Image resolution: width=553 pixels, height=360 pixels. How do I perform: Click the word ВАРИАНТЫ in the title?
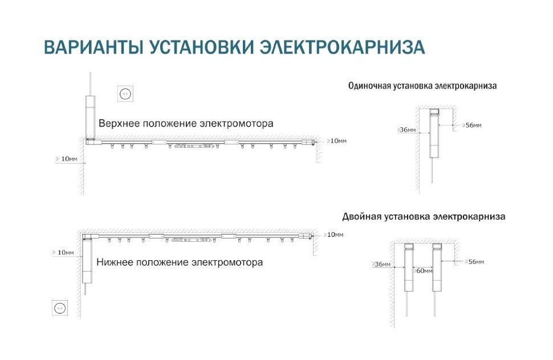click(x=93, y=47)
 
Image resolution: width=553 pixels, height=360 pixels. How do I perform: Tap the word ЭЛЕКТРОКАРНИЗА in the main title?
click(x=342, y=47)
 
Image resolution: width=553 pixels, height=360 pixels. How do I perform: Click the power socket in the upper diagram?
click(x=125, y=94)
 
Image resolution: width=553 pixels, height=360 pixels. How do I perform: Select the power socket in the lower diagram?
click(x=60, y=308)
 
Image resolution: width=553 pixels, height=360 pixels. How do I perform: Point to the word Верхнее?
click(x=119, y=124)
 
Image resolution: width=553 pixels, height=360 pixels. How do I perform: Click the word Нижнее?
click(x=114, y=262)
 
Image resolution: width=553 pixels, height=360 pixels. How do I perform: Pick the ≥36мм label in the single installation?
click(x=406, y=130)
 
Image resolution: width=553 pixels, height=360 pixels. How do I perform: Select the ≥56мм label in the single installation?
click(x=472, y=126)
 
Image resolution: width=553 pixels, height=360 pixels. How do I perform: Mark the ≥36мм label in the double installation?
click(x=381, y=264)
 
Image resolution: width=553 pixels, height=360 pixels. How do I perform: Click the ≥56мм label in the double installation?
click(x=474, y=261)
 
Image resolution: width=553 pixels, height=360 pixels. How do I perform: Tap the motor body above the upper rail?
click(x=90, y=117)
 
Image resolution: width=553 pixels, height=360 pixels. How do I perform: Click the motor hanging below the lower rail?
click(x=87, y=261)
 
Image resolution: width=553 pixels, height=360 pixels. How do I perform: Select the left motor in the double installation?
click(x=409, y=267)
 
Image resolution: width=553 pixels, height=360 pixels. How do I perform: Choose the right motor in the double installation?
click(x=437, y=267)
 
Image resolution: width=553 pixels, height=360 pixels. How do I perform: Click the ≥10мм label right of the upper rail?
click(x=337, y=141)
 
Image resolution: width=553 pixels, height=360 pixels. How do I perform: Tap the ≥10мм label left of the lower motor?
click(x=63, y=252)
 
